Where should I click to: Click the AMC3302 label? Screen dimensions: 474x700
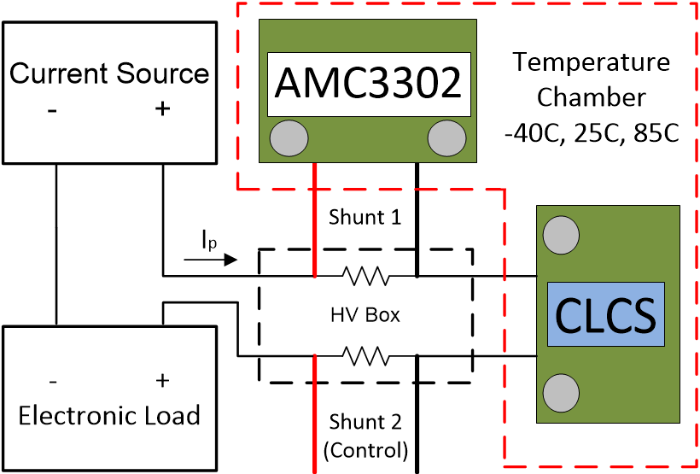pyautogui.click(x=368, y=84)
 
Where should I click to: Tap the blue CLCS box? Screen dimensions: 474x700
pyautogui.click(x=605, y=314)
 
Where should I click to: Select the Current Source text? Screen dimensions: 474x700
pyautogui.click(x=109, y=73)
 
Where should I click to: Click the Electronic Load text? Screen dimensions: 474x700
pyautogui.click(x=109, y=416)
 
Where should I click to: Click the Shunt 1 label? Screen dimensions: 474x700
pyautogui.click(x=365, y=217)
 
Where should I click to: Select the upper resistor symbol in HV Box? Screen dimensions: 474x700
pyautogui.click(x=366, y=276)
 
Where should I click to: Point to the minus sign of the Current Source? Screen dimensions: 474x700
pyautogui.click(x=54, y=109)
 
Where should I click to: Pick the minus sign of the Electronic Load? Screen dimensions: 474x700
pyautogui.click(x=54, y=380)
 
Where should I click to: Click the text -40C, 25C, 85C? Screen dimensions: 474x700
pyautogui.click(x=592, y=134)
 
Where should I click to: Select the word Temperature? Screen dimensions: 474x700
pyautogui.click(x=592, y=62)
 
